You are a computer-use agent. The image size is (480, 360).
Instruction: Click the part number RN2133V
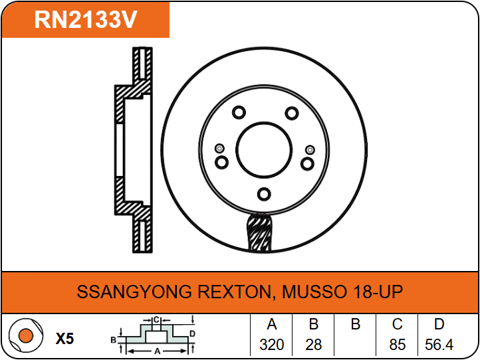click(x=85, y=19)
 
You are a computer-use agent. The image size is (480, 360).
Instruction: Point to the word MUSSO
click(x=314, y=292)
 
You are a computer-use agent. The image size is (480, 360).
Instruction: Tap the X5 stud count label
click(x=65, y=339)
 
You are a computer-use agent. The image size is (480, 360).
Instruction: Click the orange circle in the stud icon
click(x=26, y=335)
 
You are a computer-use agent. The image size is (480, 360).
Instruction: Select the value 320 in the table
click(x=271, y=345)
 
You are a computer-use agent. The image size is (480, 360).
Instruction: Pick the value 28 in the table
click(x=314, y=345)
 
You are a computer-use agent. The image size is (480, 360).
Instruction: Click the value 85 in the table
click(x=397, y=345)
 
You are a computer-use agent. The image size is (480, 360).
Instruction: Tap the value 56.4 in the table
click(x=439, y=345)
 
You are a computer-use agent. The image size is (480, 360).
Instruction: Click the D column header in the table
click(x=439, y=324)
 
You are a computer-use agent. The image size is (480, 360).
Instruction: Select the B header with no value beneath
click(x=356, y=324)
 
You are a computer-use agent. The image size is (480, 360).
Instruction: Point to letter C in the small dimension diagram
click(x=156, y=320)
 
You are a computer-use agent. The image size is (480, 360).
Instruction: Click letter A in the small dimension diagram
click(x=158, y=351)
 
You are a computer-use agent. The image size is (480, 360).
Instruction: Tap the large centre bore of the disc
click(x=264, y=150)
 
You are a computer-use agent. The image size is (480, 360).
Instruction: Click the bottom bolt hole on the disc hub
click(x=264, y=194)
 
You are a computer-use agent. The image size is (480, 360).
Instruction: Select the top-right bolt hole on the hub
click(x=292, y=113)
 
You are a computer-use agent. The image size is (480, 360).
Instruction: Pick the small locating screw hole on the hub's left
click(x=219, y=149)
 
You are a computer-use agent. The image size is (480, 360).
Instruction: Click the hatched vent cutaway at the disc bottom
click(x=259, y=232)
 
